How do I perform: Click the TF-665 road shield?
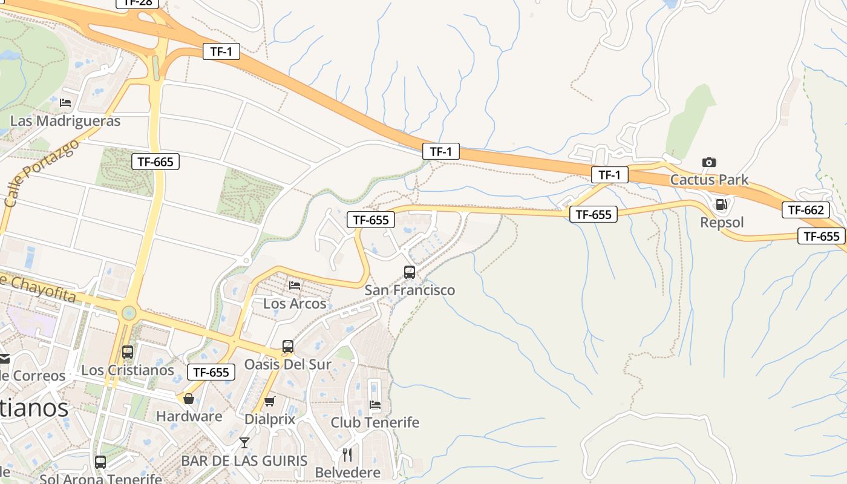(155, 162)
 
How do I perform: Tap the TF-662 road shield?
(805, 210)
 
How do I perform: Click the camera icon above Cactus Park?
(709, 162)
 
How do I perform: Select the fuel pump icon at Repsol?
(721, 204)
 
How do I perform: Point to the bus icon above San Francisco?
(410, 272)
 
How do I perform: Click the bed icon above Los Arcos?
(295, 285)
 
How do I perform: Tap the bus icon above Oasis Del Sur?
(288, 347)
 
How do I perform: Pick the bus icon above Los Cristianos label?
(128, 352)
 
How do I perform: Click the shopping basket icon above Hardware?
(189, 399)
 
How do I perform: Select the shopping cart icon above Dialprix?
(270, 401)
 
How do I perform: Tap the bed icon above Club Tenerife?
(375, 404)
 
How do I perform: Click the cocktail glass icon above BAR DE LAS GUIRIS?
(244, 443)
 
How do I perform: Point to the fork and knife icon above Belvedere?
(347, 454)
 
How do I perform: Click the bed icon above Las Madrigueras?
(65, 103)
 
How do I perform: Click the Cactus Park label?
(709, 180)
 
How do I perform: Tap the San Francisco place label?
(410, 290)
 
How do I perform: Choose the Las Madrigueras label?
(65, 121)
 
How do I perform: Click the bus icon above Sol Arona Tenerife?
(100, 462)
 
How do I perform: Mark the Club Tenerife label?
(375, 422)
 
